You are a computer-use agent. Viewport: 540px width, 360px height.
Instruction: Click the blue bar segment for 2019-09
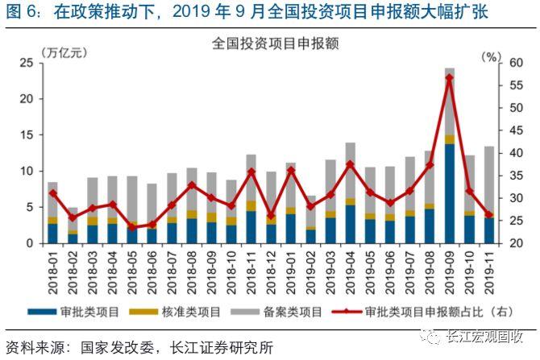[450, 193]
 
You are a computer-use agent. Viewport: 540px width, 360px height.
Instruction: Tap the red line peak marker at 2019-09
[450, 77]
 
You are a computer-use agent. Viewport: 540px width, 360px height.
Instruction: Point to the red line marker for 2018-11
[251, 172]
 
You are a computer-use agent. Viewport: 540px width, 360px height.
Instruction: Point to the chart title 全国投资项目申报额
[273, 43]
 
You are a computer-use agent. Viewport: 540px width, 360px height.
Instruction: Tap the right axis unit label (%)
[491, 56]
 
